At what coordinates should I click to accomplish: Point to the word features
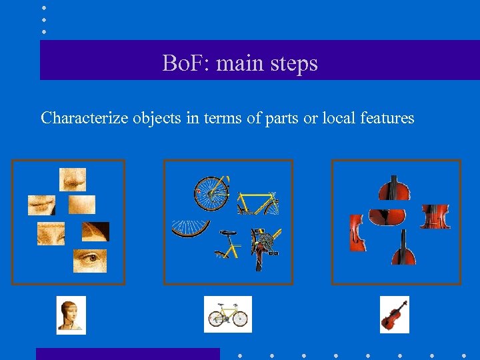(387, 118)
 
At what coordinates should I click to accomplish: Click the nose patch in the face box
(73, 179)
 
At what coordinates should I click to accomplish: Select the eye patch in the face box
(89, 260)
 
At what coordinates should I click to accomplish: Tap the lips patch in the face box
(41, 204)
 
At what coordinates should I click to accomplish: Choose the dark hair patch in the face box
(95, 231)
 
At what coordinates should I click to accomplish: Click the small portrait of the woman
(71, 315)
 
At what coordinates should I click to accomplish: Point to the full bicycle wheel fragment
(211, 192)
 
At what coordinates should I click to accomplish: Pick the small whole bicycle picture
(227, 315)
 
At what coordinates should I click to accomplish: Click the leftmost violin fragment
(358, 233)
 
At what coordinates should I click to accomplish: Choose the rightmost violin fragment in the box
(435, 217)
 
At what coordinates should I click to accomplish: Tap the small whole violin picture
(394, 315)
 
